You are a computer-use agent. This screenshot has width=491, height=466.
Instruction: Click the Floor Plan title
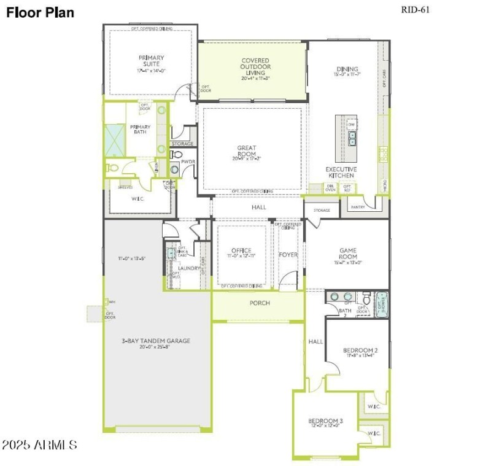[41, 12]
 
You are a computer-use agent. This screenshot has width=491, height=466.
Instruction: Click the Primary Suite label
[151, 61]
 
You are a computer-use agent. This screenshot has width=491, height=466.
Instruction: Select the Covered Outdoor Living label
[255, 67]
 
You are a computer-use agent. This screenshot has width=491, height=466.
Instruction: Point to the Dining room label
[347, 69]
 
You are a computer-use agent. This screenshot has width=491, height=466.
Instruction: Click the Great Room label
[247, 148]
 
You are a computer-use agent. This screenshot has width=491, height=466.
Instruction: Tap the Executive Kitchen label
[340, 172]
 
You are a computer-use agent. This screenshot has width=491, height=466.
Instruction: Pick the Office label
[241, 250]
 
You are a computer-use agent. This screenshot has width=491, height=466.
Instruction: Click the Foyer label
[288, 254]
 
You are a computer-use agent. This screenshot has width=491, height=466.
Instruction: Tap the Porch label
[259, 303]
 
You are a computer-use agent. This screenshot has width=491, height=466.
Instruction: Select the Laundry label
[189, 268]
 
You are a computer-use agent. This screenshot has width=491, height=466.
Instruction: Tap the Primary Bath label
[140, 130]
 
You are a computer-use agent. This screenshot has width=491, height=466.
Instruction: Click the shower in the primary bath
[115, 139]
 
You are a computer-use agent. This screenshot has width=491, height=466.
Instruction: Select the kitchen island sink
[352, 141]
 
